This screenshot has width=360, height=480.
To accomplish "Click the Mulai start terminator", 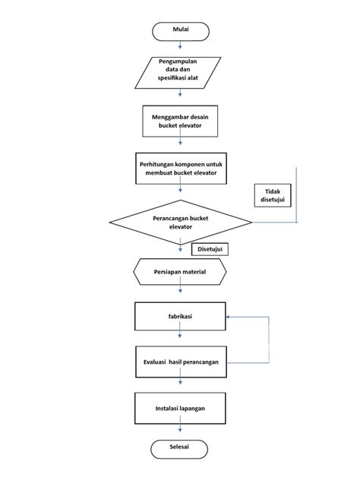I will tap(180, 31).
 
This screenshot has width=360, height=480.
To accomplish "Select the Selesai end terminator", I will tap(180, 448).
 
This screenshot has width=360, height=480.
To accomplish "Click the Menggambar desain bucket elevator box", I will tap(180, 122).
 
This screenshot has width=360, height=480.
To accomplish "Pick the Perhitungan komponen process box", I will tap(180, 169).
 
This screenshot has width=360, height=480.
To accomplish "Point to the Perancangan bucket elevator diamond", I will tap(180, 223).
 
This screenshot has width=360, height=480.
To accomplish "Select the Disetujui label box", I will tap(210, 249).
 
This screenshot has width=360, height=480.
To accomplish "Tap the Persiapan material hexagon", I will tap(180, 271).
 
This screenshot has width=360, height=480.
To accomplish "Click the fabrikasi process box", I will tap(180, 317).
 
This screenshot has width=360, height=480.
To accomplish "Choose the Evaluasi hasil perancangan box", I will tap(180, 362).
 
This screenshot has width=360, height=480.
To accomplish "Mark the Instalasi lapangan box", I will tap(180, 408).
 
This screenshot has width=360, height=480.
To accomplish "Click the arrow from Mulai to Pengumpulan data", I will tap(180, 47).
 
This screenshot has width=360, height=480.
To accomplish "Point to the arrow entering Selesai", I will tap(180, 432).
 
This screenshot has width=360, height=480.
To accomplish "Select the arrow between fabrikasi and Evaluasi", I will tap(180, 339).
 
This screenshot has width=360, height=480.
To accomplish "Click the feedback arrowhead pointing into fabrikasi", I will tap(229, 317).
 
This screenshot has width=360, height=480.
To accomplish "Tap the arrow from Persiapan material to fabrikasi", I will tap(180, 293).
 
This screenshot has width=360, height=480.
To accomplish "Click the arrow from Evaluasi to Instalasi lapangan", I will tap(180, 384).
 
